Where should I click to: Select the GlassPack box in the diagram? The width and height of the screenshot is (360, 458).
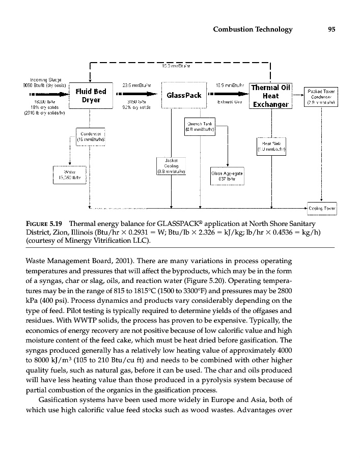click(x=184, y=96)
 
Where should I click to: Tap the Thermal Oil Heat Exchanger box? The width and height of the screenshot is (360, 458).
click(x=270, y=96)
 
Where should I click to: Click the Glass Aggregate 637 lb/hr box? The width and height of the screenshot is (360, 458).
click(x=227, y=176)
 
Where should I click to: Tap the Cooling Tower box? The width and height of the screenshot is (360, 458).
click(x=323, y=208)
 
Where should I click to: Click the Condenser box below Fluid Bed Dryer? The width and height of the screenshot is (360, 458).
click(x=90, y=135)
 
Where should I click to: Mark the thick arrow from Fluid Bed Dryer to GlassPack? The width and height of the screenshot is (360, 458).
click(x=135, y=95)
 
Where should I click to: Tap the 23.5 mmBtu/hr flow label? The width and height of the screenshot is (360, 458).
click(x=134, y=85)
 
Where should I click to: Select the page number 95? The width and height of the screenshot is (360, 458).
click(x=331, y=30)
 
